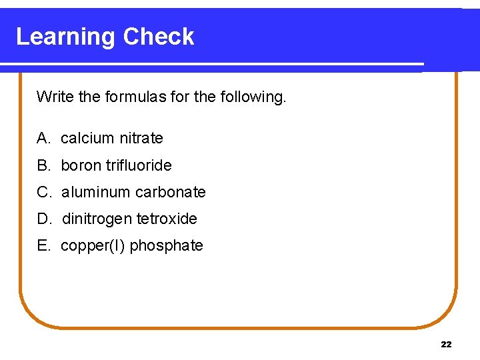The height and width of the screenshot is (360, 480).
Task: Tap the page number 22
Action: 446,344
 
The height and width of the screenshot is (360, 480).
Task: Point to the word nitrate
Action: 141,138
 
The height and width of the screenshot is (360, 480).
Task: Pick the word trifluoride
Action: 139,165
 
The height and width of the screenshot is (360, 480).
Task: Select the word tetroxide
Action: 167,219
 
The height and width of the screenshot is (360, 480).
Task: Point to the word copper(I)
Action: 93,245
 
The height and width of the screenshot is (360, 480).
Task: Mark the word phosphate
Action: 167,245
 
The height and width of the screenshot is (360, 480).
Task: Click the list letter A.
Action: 43,138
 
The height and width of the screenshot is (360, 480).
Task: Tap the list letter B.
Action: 43,165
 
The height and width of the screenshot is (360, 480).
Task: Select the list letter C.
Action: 44,192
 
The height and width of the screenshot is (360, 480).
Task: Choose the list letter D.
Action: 44,219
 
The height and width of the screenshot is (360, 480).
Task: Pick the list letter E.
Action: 43,245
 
